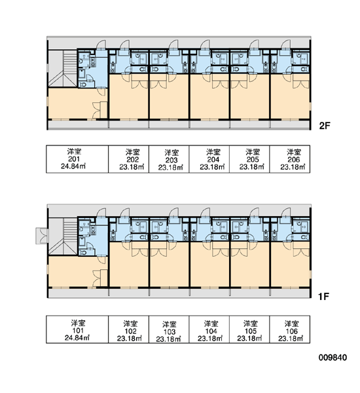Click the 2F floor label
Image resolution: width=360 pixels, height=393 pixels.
coord(325,125)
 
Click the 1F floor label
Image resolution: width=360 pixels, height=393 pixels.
coord(323,297)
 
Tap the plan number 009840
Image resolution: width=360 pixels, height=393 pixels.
coord(333,358)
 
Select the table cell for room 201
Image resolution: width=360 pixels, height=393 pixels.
coord(77,159)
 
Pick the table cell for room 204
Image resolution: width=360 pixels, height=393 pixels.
coord(209,159)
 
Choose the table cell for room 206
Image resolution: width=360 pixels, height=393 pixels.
coord(289,159)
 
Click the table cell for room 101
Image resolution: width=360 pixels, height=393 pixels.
coord(77,329)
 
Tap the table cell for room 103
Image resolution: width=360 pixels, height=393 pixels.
coord(169,329)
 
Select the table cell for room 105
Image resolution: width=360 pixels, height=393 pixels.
coord(249,329)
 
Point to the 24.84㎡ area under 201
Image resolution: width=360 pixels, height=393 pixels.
coord(73,166)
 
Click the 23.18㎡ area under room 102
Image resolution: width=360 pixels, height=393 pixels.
coord(129,339)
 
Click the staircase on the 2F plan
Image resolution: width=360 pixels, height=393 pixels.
coord(62,68)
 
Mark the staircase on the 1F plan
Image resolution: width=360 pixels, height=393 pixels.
coord(62,236)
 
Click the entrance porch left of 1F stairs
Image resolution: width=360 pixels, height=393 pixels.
coord(42,236)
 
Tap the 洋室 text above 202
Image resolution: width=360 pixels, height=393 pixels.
coord(132,152)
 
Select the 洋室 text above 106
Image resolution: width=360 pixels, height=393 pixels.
coord(292,324)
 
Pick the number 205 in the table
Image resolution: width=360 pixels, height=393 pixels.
coord(253,159)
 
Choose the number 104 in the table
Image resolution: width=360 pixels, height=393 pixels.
coord(211,331)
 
